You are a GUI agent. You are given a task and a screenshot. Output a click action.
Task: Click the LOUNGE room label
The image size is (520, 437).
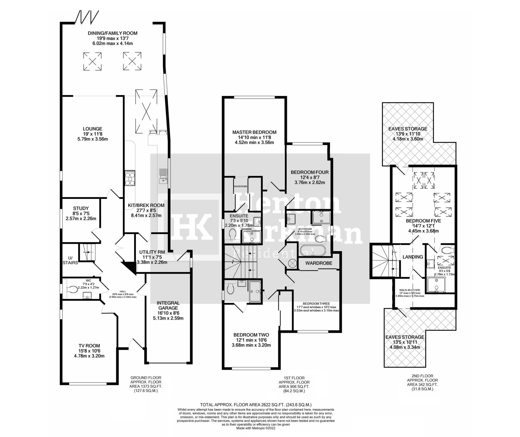(92, 129)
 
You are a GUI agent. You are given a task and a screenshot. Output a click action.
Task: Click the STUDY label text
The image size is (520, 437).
(81, 208)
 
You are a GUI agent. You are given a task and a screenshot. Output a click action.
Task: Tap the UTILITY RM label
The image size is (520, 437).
(152, 252)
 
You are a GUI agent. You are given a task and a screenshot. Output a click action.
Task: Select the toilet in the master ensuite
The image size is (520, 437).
(232, 234)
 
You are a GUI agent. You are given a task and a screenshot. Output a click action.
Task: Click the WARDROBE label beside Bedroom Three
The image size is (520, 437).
(319, 263)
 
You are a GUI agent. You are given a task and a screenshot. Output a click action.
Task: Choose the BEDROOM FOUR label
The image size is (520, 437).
(310, 172)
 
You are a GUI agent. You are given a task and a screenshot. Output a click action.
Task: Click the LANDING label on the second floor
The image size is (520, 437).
(413, 257)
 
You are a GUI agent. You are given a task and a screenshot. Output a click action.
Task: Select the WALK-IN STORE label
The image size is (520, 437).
(410, 290)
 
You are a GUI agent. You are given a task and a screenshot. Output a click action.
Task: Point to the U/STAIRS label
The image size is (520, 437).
(70, 260)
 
